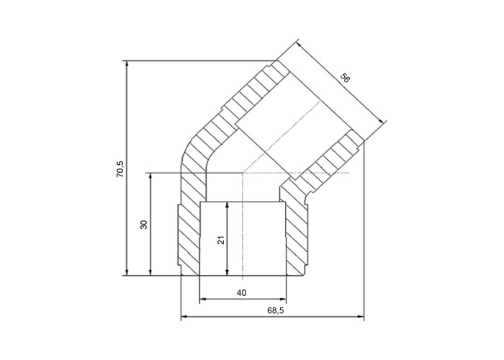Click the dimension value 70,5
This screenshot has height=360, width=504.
pyautogui.click(x=120, y=168)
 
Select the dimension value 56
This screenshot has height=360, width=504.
pyautogui.click(x=345, y=78)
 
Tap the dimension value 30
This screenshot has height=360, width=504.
pyautogui.click(x=144, y=224)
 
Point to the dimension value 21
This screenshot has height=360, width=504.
pyautogui.click(x=221, y=240)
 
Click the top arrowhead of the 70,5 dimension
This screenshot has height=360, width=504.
pyautogui.click(x=127, y=63)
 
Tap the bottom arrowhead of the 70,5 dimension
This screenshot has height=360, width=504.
pyautogui.click(x=127, y=272)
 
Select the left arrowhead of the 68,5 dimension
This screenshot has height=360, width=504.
pyautogui.click(x=184, y=318)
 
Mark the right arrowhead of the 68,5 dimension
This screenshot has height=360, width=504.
pyautogui.click(x=361, y=318)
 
